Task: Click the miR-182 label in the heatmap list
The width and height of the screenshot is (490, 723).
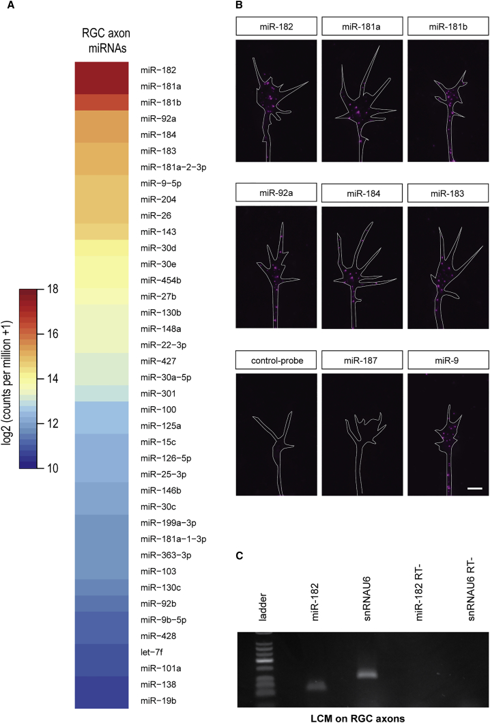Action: tap(156, 70)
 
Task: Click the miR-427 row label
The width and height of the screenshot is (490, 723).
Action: tap(156, 362)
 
